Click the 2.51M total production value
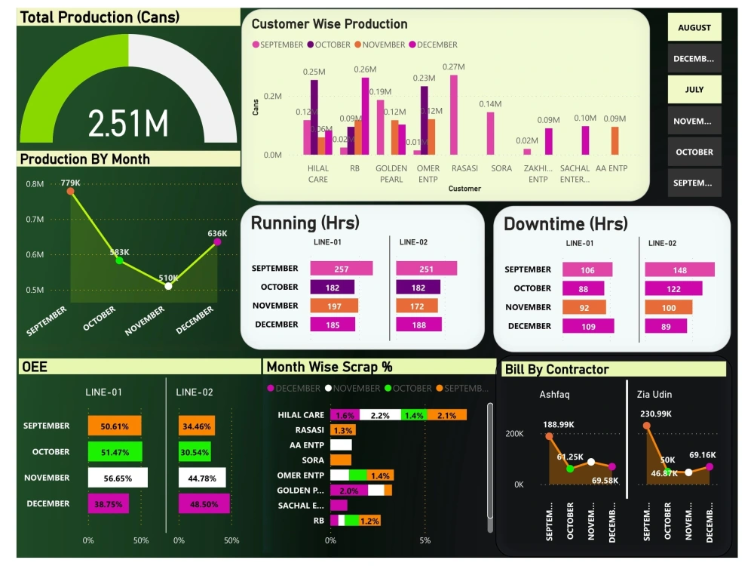(127, 123)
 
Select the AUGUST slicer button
(694, 28)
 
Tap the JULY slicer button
(694, 90)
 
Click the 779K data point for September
(71, 192)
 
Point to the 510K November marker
(168, 286)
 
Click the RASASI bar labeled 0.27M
(454, 114)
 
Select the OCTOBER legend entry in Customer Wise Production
(329, 45)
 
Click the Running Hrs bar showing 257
(341, 269)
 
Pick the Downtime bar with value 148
(679, 270)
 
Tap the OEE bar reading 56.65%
(117, 478)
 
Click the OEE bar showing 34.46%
(196, 426)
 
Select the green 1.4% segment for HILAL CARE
(413, 415)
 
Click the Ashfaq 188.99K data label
(559, 424)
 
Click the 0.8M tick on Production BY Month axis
(35, 184)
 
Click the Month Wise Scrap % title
(329, 367)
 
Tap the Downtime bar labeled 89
(666, 327)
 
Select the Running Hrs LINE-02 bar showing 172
(418, 306)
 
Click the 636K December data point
(217, 241)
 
